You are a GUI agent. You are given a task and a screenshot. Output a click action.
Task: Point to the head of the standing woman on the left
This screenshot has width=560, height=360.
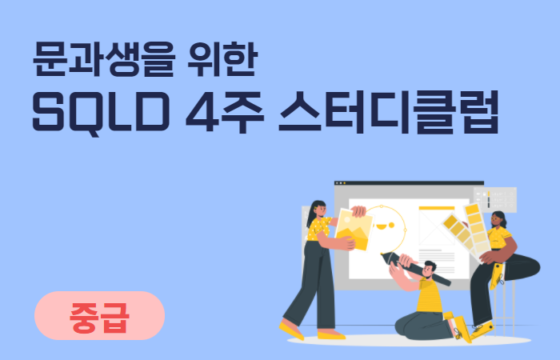(318, 210)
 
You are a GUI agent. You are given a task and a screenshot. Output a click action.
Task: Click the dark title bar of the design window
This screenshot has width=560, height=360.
(409, 183)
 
